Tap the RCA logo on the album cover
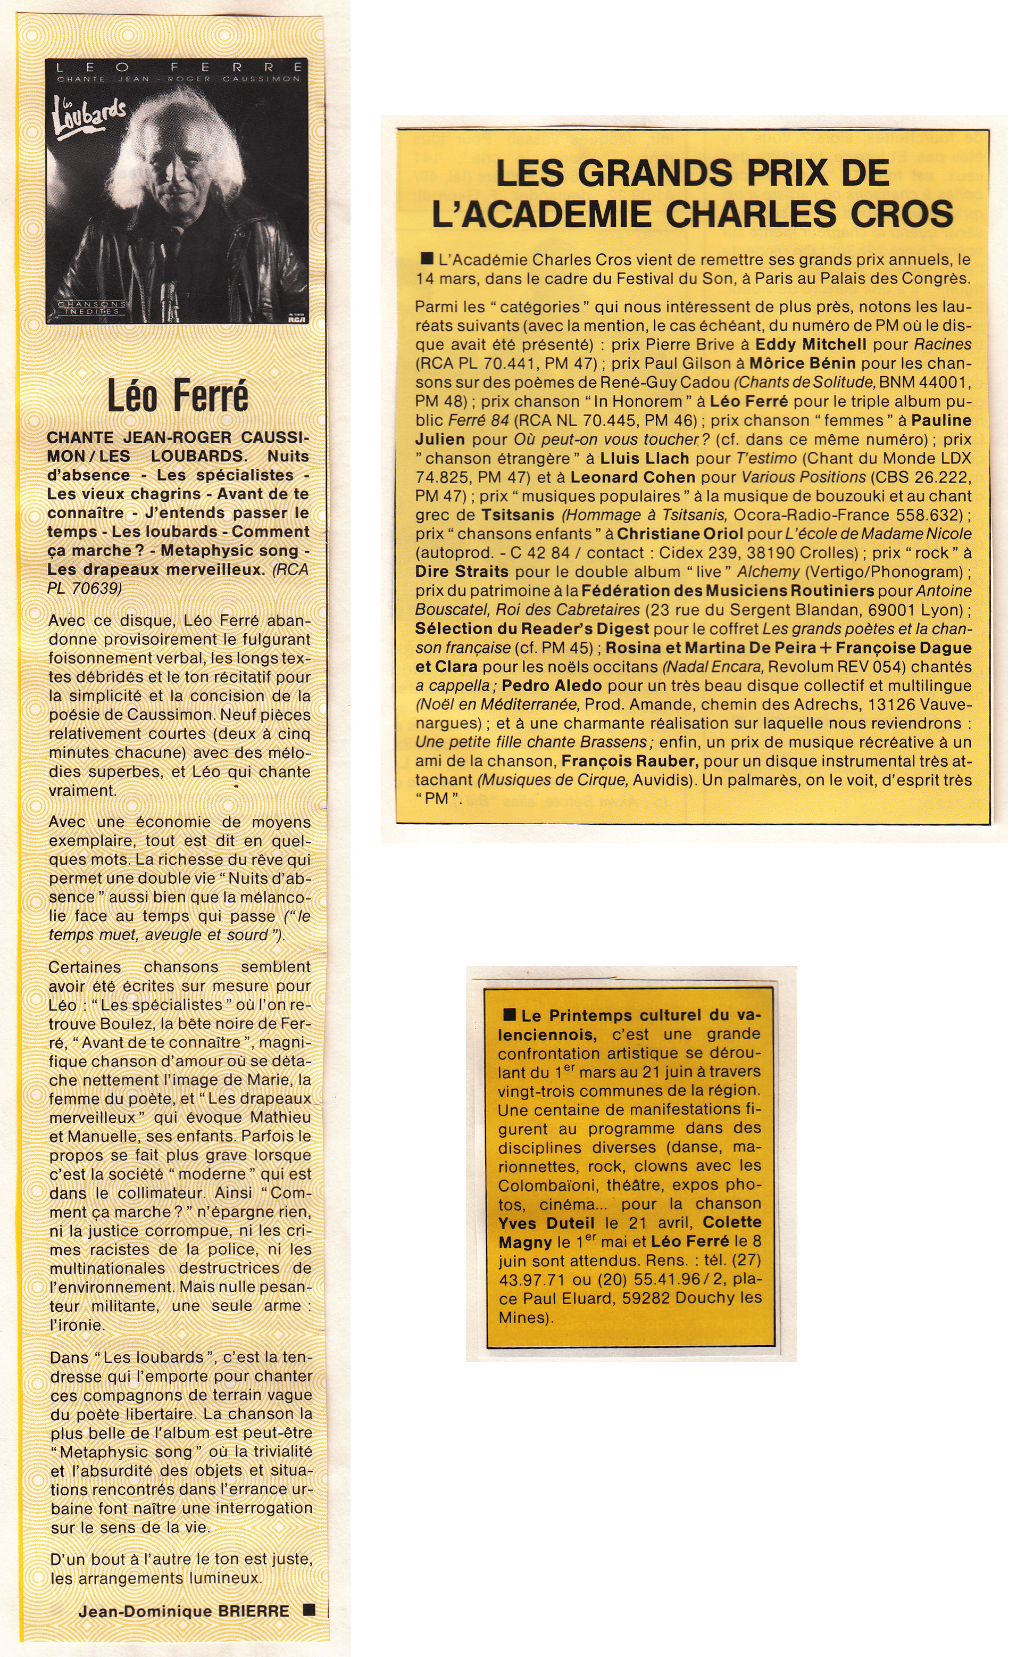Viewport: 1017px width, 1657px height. point(293,320)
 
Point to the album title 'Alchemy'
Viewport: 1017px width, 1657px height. point(768,572)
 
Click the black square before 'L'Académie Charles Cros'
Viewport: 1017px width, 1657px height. point(425,258)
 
